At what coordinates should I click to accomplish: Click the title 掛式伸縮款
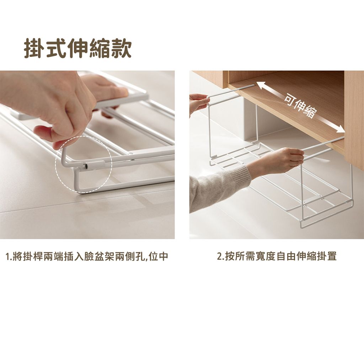point(78,48)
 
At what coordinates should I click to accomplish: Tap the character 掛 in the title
point(34,48)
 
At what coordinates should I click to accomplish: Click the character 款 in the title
point(122,48)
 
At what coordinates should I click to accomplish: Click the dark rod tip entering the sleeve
point(86,166)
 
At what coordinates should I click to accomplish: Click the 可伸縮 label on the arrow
point(300,107)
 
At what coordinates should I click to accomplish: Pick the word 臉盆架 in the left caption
point(100,257)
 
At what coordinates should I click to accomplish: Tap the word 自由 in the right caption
point(287,257)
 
